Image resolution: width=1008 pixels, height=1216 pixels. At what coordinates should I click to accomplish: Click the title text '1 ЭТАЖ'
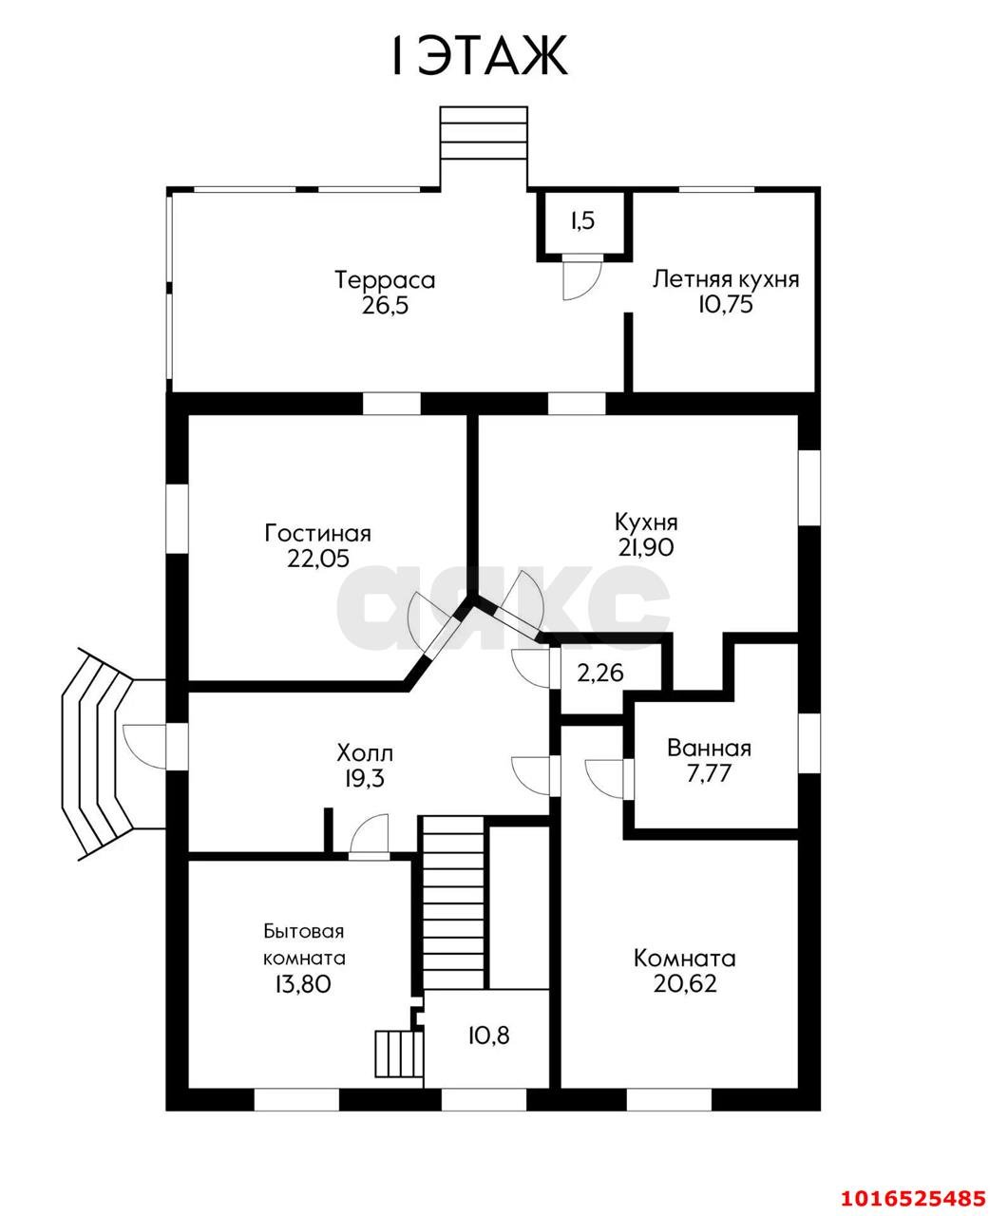point(479,56)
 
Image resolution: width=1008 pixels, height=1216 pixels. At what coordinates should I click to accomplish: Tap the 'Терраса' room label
point(385,280)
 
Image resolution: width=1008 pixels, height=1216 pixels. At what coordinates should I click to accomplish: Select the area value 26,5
point(385,305)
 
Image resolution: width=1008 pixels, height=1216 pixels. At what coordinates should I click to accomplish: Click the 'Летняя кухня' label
point(726,279)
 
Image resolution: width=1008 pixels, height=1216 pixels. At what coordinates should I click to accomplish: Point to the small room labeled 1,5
point(583,220)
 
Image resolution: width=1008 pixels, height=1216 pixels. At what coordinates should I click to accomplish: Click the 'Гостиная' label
point(317,533)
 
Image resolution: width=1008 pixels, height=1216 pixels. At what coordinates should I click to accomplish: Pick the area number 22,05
point(318,558)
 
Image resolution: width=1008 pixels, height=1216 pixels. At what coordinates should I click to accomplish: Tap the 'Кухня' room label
point(646,522)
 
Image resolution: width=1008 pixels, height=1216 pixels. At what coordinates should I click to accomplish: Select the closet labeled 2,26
point(600,674)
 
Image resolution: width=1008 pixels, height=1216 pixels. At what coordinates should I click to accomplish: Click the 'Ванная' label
point(710,749)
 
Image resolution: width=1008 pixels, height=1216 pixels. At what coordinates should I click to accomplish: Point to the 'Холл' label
point(365,753)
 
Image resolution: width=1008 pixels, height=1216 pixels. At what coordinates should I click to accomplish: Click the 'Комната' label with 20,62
point(685,958)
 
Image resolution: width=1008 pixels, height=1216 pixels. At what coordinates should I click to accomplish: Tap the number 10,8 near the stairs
point(488,1035)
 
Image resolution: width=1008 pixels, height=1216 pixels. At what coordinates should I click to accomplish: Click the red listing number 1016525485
point(912,1193)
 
